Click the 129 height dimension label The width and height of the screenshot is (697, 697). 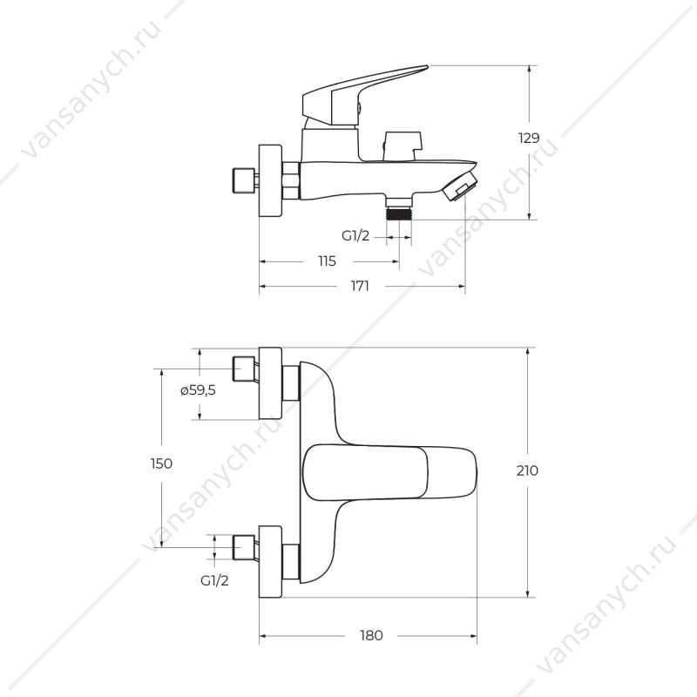(x=529, y=138)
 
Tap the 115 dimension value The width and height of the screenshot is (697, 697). (x=328, y=261)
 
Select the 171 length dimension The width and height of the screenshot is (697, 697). (x=360, y=286)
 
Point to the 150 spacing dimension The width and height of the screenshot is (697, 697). (x=161, y=464)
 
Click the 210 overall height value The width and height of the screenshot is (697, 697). (x=527, y=470)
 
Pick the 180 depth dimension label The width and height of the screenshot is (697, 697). (x=371, y=635)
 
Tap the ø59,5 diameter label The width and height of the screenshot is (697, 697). (x=198, y=390)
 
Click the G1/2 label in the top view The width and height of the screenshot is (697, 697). (x=355, y=235)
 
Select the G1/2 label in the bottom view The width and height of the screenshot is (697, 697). (x=214, y=580)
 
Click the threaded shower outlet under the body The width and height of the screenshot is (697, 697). (x=399, y=210)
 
